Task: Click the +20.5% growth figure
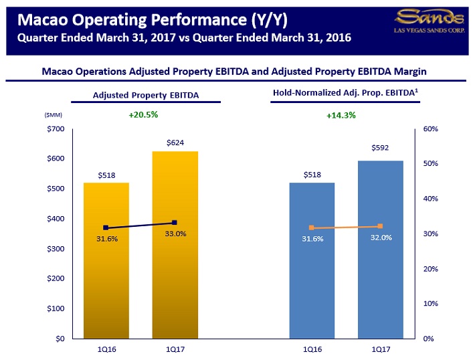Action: [x=143, y=114]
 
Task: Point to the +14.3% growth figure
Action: [x=341, y=115]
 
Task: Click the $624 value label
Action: [x=175, y=143]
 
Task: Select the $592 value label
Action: [x=380, y=147]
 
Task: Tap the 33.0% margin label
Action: [x=175, y=234]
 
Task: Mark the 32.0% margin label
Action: [x=381, y=238]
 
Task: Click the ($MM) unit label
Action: [x=53, y=115]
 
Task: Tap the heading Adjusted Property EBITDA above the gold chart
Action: [x=146, y=95]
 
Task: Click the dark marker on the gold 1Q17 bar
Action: [x=175, y=222]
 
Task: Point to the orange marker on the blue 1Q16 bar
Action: [x=312, y=228]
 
